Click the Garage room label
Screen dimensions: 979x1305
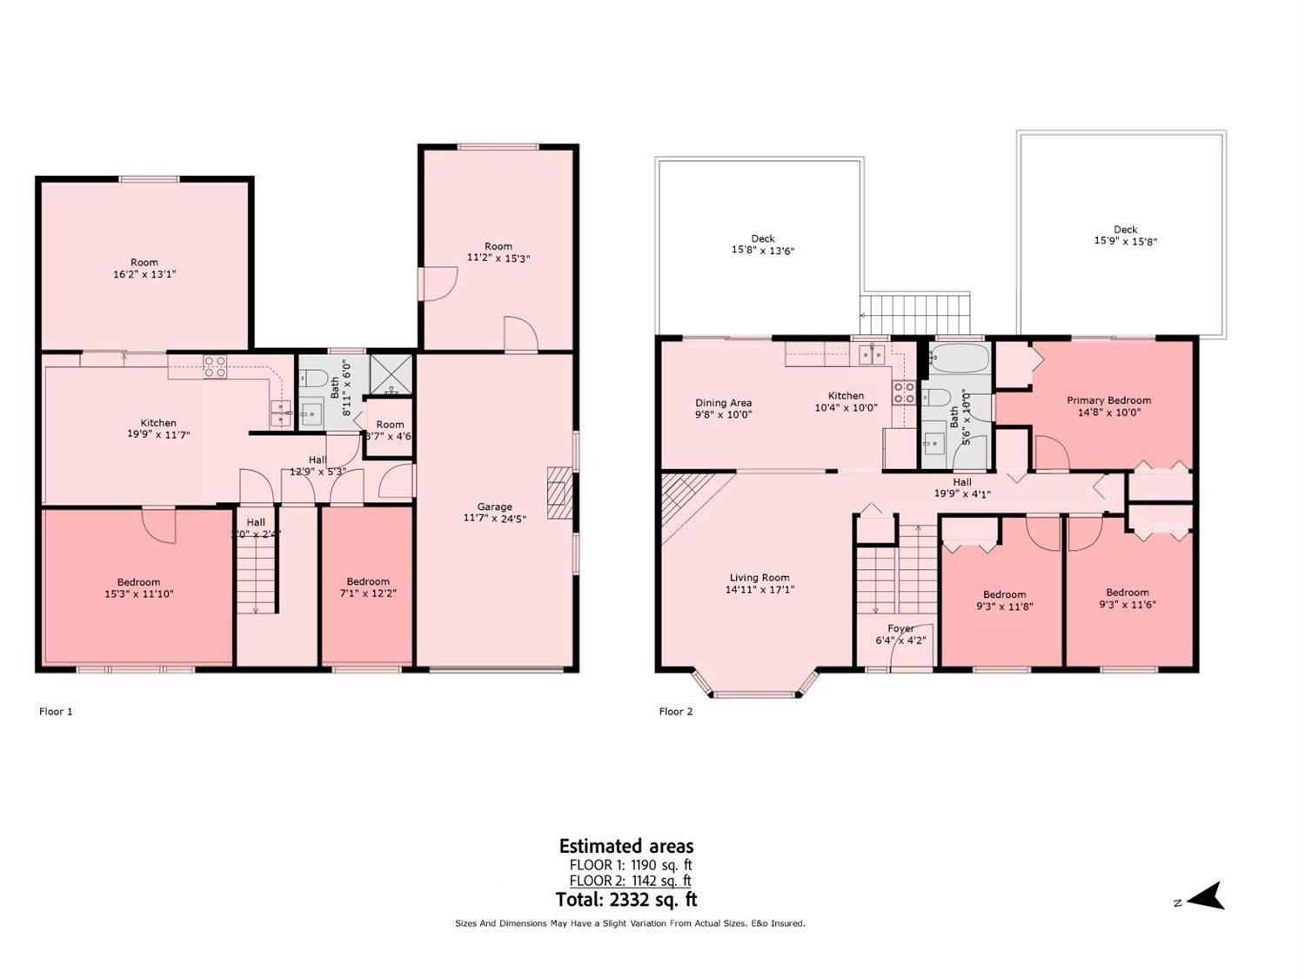click(494, 506)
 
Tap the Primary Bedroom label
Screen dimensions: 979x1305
click(1108, 400)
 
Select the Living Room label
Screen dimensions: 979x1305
click(759, 577)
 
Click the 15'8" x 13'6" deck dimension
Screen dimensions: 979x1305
click(762, 251)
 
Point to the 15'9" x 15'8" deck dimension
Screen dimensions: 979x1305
click(1125, 242)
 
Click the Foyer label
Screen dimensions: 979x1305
click(900, 627)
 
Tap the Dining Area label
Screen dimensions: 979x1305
click(723, 403)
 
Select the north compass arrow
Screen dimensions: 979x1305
click(1205, 896)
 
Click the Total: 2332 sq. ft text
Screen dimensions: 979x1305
click(626, 900)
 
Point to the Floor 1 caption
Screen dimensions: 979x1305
click(56, 711)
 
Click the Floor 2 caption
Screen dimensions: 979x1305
click(676, 711)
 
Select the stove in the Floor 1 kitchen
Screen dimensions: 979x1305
click(215, 366)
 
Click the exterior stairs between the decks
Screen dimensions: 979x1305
click(914, 307)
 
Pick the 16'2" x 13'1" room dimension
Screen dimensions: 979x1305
click(144, 274)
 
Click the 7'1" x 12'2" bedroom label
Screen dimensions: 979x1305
click(367, 581)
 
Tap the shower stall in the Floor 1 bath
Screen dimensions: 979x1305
click(390, 374)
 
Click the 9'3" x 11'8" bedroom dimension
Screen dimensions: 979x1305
click(1004, 607)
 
